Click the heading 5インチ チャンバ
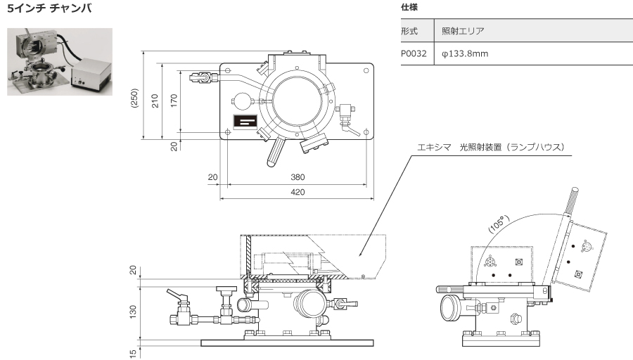(49, 8)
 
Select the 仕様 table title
(409, 7)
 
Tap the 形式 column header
(409, 31)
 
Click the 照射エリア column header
(463, 31)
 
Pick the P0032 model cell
(414, 53)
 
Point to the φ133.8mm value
(465, 53)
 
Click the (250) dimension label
(134, 97)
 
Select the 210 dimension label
(155, 101)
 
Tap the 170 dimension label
(174, 101)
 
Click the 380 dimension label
(298, 177)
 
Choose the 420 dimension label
(298, 192)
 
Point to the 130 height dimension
(133, 311)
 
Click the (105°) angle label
(499, 224)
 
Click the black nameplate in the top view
(245, 121)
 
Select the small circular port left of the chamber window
(242, 101)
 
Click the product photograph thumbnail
(60, 62)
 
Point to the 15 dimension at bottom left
(133, 354)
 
